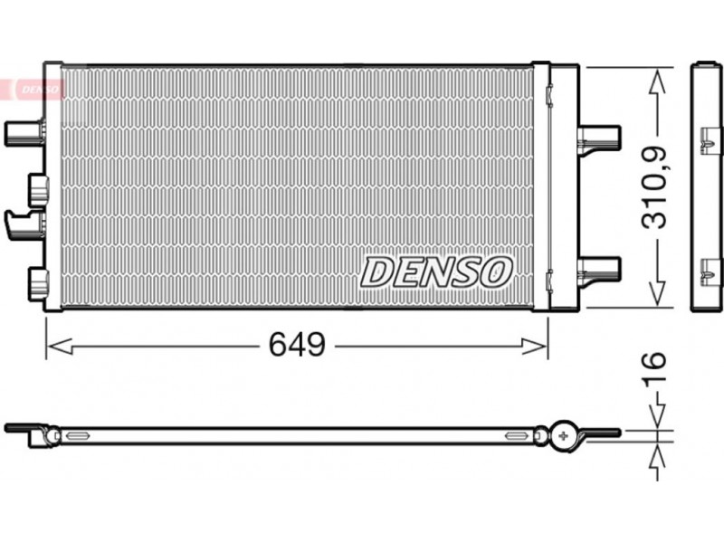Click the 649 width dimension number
click(297, 345)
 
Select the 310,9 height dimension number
click(655, 187)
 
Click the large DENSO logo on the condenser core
click(436, 271)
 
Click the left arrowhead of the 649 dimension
click(60, 346)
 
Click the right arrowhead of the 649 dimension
click(535, 346)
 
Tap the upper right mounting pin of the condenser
click(598, 138)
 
